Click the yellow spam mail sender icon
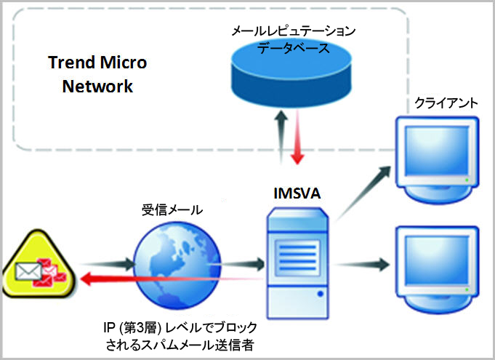coord(36,271)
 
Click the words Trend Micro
coord(97,63)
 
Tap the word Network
coord(97,86)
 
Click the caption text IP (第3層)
coord(135,325)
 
